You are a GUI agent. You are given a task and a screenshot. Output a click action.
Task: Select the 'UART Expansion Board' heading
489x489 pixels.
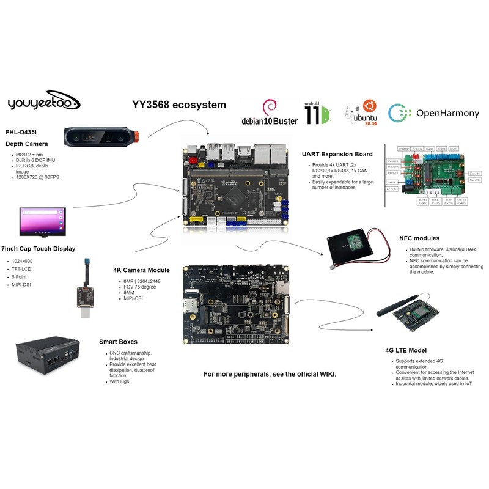pyautogui.click(x=337, y=154)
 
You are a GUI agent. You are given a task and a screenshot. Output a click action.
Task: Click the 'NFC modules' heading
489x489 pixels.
pyautogui.click(x=419, y=238)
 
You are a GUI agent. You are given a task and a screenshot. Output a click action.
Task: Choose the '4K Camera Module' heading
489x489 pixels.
pyautogui.click(x=142, y=270)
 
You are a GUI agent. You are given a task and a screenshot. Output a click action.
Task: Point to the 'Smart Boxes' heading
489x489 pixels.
pyautogui.click(x=118, y=342)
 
